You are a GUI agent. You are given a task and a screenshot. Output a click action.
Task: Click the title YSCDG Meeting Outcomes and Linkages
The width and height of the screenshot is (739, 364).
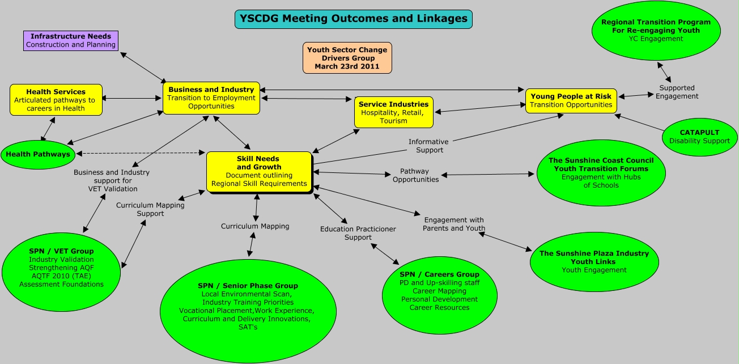(353, 19)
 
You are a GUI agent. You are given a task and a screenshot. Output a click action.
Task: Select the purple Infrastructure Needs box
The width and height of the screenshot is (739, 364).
(71, 40)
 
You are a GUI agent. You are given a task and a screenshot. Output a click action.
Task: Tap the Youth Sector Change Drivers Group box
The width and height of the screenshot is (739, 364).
(347, 58)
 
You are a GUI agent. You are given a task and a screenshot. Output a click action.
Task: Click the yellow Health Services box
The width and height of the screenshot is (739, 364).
(56, 100)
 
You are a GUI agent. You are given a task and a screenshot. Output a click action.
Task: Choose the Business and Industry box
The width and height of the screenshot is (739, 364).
(211, 98)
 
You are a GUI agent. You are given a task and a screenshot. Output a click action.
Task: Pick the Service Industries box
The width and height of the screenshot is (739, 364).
(394, 112)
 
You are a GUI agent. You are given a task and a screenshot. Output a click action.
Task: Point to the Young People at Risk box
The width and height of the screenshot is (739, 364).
(571, 100)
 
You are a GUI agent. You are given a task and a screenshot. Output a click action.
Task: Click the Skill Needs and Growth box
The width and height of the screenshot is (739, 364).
(259, 171)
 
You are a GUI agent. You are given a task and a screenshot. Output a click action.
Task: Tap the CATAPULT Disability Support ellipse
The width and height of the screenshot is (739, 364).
(699, 137)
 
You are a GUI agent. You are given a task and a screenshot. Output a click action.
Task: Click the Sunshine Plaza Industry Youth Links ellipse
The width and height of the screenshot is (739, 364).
(594, 261)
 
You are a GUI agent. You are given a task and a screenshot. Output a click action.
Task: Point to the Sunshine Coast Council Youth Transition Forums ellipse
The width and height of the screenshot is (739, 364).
(601, 172)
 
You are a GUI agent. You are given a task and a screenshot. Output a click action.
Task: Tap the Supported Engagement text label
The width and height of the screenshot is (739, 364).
(677, 92)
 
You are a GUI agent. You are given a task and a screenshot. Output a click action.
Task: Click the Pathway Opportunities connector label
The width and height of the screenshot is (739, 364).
(415, 175)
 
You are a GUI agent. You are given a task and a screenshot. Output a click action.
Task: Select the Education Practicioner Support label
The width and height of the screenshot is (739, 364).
(358, 233)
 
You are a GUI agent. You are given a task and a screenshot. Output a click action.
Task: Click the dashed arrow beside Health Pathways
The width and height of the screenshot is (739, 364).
(142, 153)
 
